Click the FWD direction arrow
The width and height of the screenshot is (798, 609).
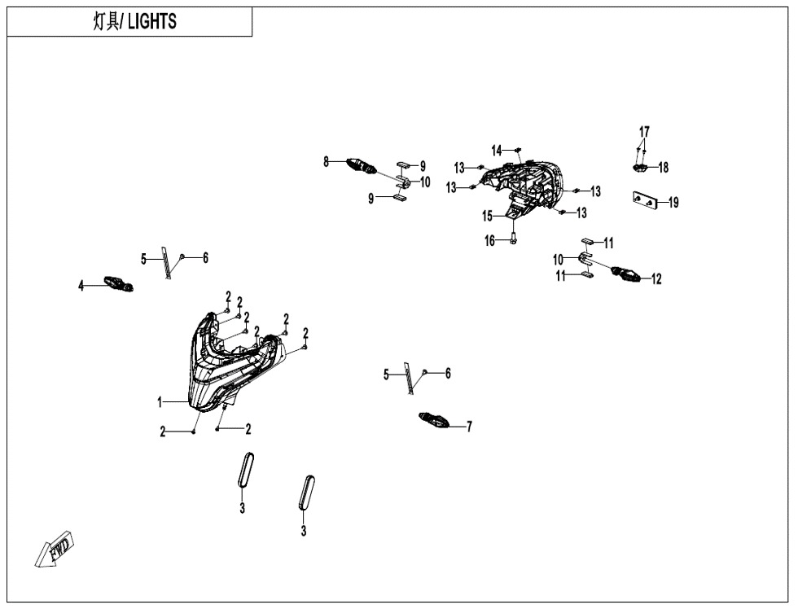[x=55, y=550]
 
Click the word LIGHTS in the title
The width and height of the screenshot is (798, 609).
[x=152, y=21]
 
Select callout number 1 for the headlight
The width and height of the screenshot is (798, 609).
[x=160, y=402]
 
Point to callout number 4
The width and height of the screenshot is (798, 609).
[x=81, y=286]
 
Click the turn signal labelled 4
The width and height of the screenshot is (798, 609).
[x=119, y=283]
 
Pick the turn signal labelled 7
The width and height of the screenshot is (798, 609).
[x=433, y=420]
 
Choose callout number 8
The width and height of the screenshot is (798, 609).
[x=327, y=162]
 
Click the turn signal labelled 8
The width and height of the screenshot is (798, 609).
[x=361, y=166]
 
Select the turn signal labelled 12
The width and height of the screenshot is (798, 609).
[x=626, y=274]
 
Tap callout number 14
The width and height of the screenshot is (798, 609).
[x=497, y=150]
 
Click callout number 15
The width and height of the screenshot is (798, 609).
[x=488, y=217]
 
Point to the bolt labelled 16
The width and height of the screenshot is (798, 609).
[x=513, y=238]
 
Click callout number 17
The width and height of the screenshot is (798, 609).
[x=644, y=131]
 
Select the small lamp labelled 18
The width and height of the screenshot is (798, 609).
[x=640, y=168]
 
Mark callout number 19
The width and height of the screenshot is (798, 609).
[x=673, y=203]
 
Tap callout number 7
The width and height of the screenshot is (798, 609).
[x=469, y=427]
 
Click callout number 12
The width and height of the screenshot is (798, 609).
[x=656, y=278]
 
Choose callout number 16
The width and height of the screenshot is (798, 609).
[x=489, y=241]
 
